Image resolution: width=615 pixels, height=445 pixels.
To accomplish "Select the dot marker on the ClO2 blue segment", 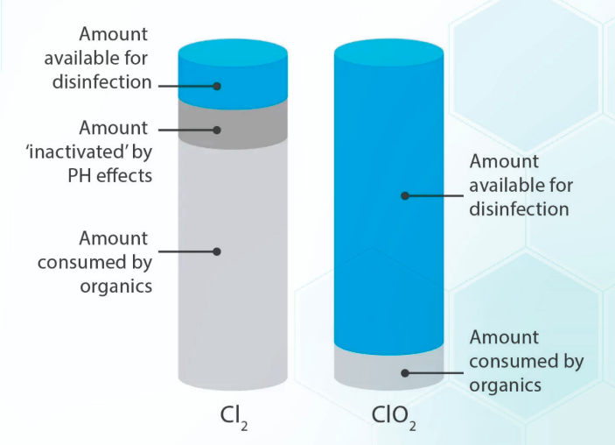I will coord(404,195).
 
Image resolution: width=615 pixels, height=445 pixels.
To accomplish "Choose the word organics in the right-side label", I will coord(506,385).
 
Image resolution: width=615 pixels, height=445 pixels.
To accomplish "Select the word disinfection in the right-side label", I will coord(520,208).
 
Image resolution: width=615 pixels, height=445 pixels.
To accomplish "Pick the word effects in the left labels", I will coord(128,175).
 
